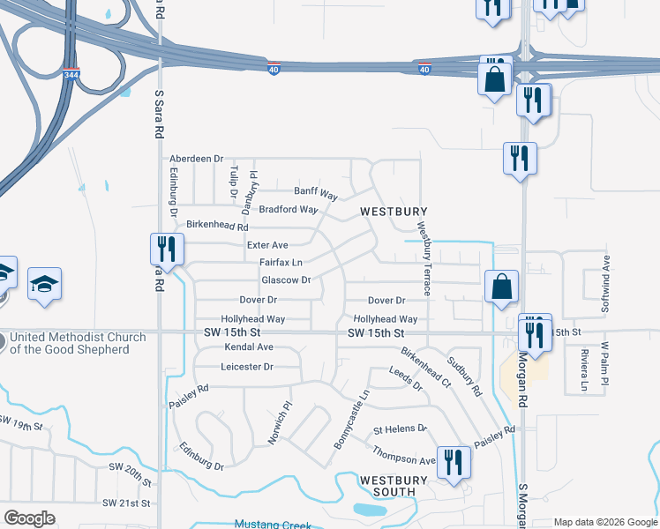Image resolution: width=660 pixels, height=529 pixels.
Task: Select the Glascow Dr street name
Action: (286, 280)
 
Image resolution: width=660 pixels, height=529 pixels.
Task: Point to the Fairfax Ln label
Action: (281, 263)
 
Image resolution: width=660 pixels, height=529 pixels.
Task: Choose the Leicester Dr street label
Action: (248, 366)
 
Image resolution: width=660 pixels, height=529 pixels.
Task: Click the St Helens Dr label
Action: (400, 430)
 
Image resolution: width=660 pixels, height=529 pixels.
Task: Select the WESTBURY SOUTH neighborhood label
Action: (393, 486)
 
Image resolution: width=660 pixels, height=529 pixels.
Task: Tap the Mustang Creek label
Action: (273, 524)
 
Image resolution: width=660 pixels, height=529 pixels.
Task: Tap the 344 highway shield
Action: (70, 76)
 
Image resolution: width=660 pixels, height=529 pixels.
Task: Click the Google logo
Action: (30, 518)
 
